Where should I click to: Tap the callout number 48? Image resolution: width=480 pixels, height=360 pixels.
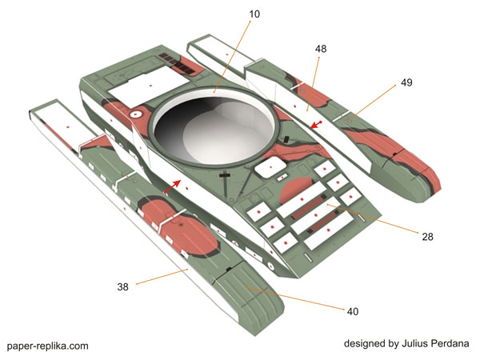(321, 49)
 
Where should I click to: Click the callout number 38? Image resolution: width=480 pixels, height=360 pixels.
(123, 286)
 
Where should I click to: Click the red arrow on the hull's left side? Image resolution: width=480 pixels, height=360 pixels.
(174, 186)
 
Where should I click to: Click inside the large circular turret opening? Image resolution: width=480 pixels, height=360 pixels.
(216, 132)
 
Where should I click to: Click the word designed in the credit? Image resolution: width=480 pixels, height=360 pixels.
(365, 343)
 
